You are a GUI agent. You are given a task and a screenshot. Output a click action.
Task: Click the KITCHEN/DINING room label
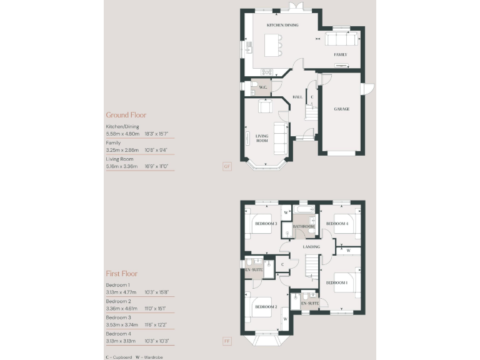[282, 25]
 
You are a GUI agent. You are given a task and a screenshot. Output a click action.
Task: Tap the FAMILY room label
[340, 55]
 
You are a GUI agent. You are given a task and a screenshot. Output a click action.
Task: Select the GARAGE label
[341, 109]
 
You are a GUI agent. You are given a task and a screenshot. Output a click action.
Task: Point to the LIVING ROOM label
[262, 138]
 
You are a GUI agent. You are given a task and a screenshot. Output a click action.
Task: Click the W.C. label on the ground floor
[263, 87]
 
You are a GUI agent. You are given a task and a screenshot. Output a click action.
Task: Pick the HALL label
[297, 97]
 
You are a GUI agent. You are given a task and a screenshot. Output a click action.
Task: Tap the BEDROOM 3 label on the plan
[265, 223]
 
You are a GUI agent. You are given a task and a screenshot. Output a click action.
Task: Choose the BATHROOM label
[303, 226]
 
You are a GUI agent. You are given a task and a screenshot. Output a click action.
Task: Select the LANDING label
[311, 247]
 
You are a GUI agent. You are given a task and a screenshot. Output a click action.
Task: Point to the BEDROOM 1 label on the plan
[337, 282]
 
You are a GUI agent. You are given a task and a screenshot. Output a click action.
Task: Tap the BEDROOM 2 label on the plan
[265, 307]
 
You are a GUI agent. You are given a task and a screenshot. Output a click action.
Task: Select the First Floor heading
[121, 274]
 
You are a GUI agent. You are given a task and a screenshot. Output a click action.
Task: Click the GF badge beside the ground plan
[227, 166]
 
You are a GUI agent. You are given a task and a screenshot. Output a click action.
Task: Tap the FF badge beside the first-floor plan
[227, 341]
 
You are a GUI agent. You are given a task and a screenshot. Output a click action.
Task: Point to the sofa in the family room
[341, 40]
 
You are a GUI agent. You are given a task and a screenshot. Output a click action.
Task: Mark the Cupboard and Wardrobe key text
[132, 356]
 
